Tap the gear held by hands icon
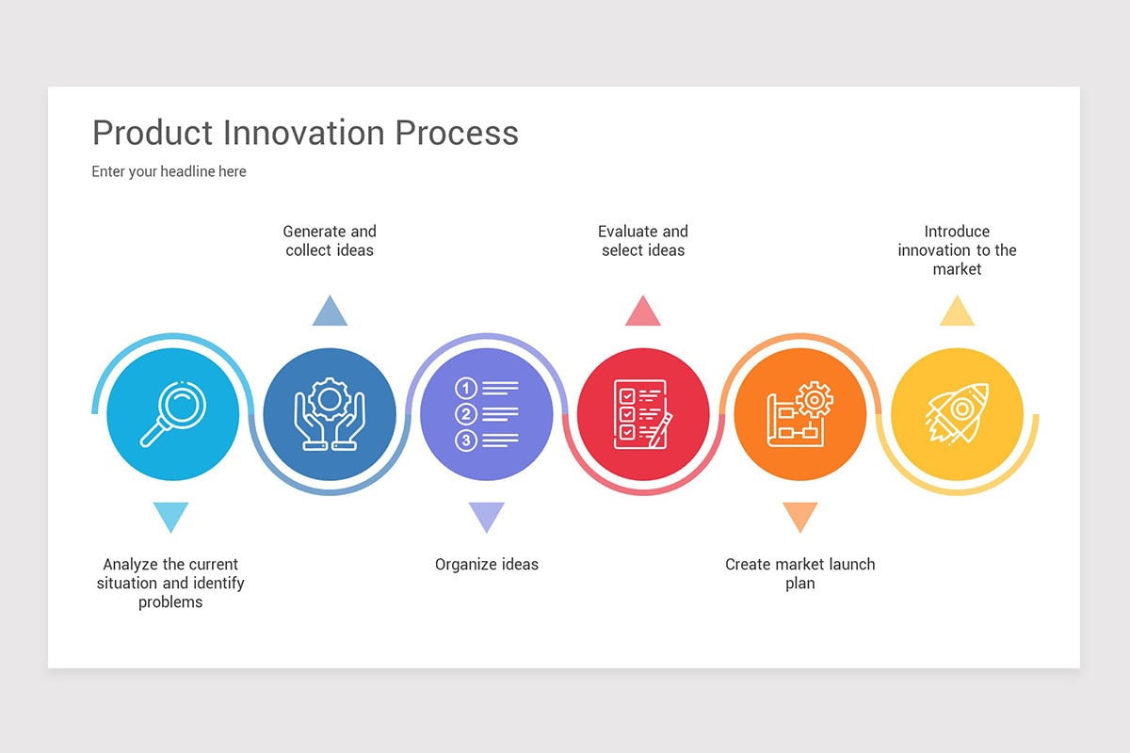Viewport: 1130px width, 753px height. pos(330,414)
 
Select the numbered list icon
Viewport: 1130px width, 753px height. pos(486,414)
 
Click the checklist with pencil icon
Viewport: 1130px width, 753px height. pos(642,414)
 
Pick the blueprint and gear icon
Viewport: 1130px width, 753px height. pos(799,414)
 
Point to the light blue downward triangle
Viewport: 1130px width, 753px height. pos(170,515)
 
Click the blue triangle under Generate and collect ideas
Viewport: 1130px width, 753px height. pos(330,312)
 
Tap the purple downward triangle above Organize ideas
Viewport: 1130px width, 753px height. pos(486,515)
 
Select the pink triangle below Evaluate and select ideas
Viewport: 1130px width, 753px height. pos(643,312)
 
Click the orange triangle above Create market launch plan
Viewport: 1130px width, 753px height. pos(799,515)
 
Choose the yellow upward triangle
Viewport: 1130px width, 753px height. pos(957,312)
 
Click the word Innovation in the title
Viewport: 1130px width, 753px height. pos(304,133)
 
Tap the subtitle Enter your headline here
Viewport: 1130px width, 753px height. pos(169,171)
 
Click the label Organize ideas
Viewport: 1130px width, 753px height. pos(486,565)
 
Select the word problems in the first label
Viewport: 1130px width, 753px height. pos(170,602)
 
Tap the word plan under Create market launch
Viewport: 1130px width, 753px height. pos(799,584)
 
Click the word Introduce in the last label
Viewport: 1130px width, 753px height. pos(957,232)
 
